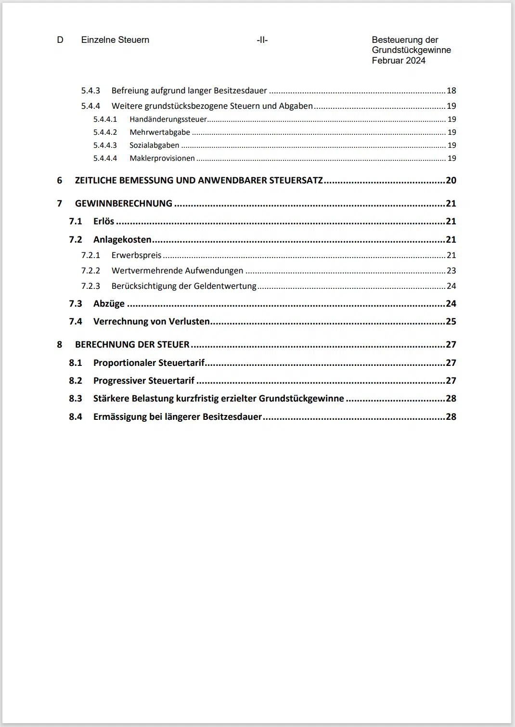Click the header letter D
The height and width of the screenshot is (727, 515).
click(x=60, y=40)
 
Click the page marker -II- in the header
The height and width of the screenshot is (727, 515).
click(x=262, y=40)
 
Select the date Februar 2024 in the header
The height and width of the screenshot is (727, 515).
click(x=399, y=61)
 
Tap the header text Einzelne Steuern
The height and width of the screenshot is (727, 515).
click(x=115, y=40)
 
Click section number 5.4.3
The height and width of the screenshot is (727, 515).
click(x=90, y=91)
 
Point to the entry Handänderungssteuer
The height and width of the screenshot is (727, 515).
click(x=168, y=119)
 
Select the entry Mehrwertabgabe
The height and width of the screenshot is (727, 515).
click(x=160, y=132)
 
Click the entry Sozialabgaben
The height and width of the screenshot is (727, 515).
click(x=154, y=145)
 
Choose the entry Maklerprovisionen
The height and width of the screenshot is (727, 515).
click(x=162, y=158)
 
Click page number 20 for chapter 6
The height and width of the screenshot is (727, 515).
click(x=451, y=181)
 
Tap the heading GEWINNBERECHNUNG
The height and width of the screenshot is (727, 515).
click(x=124, y=204)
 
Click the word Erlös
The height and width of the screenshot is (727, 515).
click(x=103, y=221)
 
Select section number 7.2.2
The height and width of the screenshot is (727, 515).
click(x=90, y=271)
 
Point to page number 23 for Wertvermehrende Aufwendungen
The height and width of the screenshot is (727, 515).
click(x=451, y=271)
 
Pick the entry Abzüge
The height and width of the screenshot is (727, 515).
click(x=109, y=304)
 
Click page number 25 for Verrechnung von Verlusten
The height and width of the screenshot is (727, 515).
click(x=451, y=322)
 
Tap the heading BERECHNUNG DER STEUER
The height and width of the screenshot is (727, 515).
click(x=132, y=345)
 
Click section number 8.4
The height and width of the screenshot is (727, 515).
click(x=76, y=417)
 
